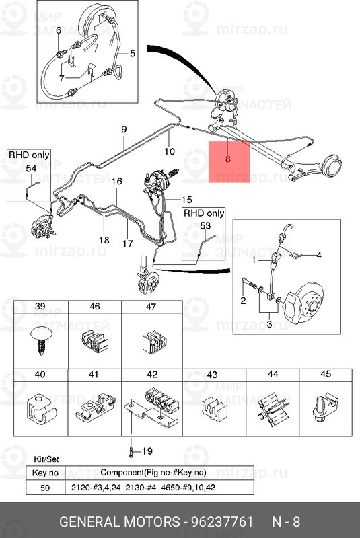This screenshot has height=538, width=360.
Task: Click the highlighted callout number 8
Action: coord(228,159)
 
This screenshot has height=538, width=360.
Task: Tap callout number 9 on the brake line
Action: coord(124,129)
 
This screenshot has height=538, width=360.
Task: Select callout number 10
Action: coord(170,151)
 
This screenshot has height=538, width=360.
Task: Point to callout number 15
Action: coord(186,200)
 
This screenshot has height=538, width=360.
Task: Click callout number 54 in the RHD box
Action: coord(31,169)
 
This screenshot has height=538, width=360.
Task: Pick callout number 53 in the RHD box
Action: coord(205,226)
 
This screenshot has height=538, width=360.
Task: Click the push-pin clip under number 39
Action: coord(41,340)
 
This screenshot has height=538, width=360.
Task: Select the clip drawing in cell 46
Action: coord(94,342)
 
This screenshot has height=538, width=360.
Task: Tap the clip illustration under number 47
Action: coord(155,342)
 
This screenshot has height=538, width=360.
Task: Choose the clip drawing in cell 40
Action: coord(41,410)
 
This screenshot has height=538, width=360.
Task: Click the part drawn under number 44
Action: coord(273,409)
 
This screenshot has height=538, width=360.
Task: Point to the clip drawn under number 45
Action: coord(325,408)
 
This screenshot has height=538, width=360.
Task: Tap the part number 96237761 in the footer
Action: coord(221,522)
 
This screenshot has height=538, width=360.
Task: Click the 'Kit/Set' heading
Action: coord(46,459)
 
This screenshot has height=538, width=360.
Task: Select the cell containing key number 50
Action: coord(45,488)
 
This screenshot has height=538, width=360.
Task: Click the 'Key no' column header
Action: coord(45,473)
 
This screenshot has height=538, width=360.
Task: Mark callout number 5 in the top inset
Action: coord(133,54)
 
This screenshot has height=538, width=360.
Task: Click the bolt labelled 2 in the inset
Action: coord(249,283)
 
